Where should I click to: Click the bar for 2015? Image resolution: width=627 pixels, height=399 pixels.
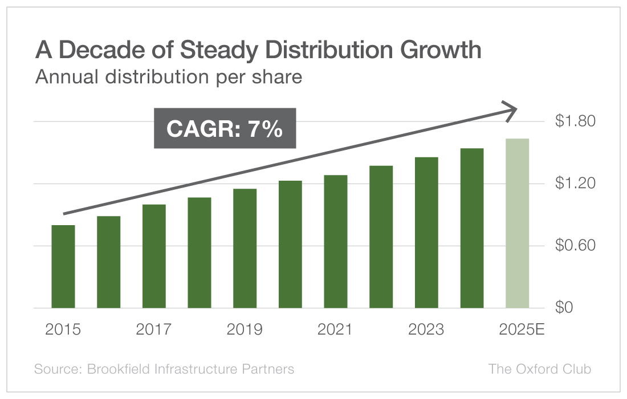pos(63,267)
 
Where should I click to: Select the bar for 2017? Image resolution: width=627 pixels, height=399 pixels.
pos(154,256)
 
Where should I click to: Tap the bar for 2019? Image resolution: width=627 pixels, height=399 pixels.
pos(245,249)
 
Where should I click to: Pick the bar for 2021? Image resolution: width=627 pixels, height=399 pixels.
pos(336,242)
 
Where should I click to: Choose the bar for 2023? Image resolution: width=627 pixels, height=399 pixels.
pos(426,233)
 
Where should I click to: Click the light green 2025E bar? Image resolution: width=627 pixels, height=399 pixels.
pos(517,223)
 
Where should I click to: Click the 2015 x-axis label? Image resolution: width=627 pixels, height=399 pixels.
pos(63,329)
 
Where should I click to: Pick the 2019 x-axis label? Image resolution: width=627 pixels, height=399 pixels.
pos(245,329)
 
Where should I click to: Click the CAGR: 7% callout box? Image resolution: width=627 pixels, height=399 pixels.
pos(225,128)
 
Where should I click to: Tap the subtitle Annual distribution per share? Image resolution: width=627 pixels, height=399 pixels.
pos(168,76)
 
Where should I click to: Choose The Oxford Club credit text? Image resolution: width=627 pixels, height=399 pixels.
pos(539,369)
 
